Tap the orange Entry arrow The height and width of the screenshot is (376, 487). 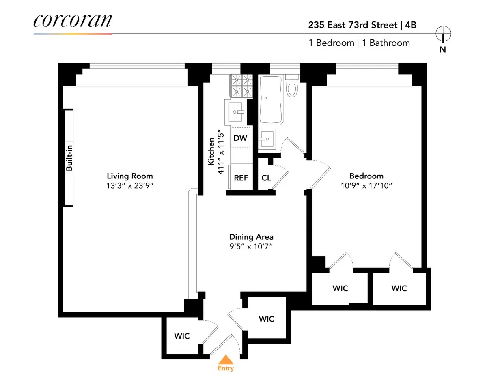point(226,360)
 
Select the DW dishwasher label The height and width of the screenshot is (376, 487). point(240,138)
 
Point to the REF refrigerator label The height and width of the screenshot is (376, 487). point(241,178)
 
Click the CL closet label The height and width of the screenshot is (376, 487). point(266,178)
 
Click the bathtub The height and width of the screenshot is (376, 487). point(271,100)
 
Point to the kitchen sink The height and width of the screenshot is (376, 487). point(235,111)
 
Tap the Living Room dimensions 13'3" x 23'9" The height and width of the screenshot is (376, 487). point(130,186)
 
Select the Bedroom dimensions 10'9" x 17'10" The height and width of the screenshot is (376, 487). point(366,186)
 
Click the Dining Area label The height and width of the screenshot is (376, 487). point(251,237)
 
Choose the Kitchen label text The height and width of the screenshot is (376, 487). point(211,151)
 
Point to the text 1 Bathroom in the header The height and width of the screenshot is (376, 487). point(386,43)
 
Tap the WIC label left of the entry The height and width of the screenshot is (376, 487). point(182,336)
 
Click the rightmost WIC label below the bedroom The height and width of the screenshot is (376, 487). point(399,288)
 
